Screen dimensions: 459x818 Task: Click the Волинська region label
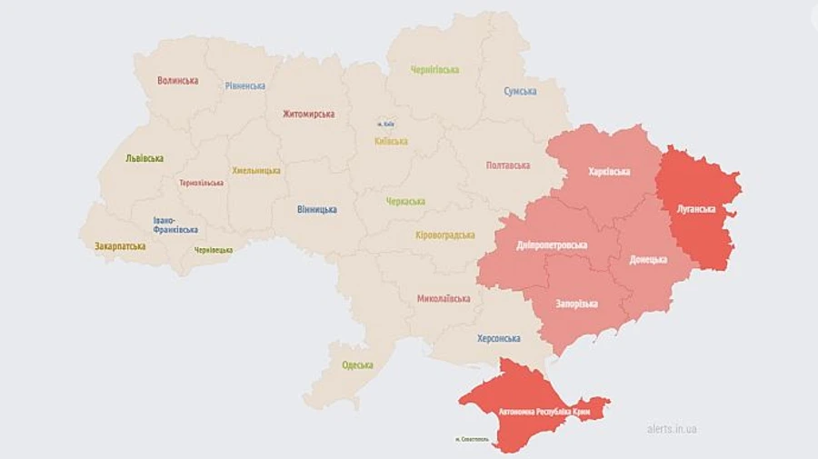coord(177,81)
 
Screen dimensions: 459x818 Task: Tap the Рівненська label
coord(245,86)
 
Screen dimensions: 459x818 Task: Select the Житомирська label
coord(308,115)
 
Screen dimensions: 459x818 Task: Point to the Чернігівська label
coord(434,70)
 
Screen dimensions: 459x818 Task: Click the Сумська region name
coord(520,92)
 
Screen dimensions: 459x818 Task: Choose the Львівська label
coord(145,158)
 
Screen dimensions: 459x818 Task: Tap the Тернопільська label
coord(202,183)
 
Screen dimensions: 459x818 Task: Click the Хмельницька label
coord(256,171)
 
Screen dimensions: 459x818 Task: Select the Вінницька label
coord(316,210)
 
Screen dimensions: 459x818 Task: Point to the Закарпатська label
coord(120,246)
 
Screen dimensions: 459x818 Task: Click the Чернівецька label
coord(213,250)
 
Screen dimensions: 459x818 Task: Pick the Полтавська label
coord(508,165)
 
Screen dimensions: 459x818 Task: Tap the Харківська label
coord(610,171)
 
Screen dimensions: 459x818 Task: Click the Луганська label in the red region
coord(696,209)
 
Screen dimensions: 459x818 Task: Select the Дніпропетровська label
coord(551,245)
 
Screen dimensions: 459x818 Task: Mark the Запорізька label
coord(577,303)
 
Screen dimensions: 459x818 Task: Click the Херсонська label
coord(499,338)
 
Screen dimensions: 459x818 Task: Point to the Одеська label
coord(357,365)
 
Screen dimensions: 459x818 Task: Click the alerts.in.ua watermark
coord(672,428)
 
